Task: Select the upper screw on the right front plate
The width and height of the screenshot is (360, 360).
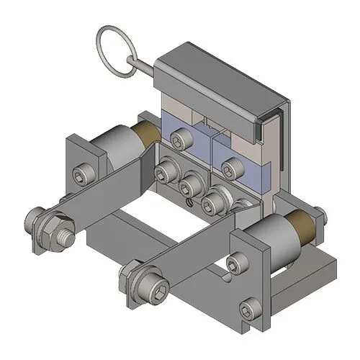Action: (237, 264)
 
